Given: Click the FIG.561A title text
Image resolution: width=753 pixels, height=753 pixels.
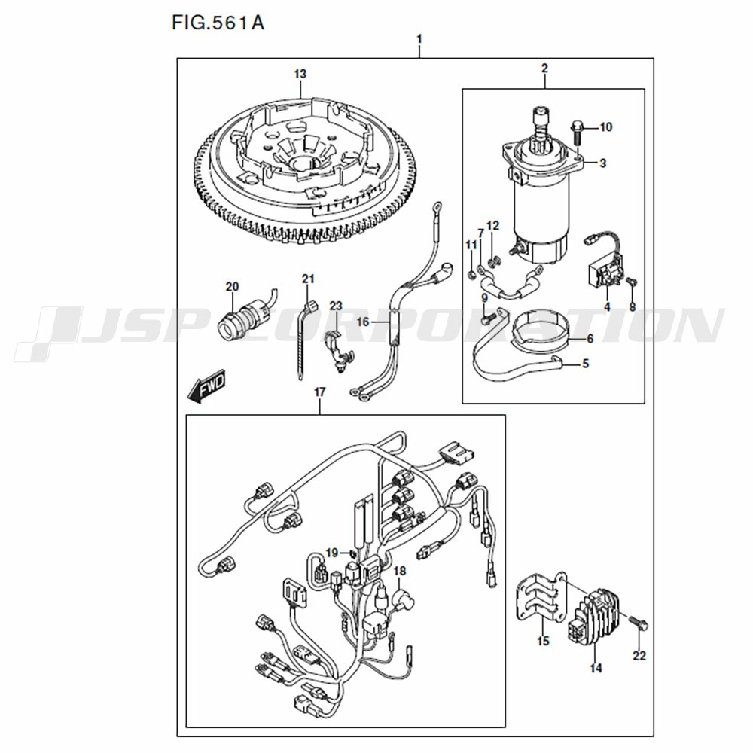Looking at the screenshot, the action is click(x=218, y=23).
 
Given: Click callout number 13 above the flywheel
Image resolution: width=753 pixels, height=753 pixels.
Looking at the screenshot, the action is click(x=300, y=74).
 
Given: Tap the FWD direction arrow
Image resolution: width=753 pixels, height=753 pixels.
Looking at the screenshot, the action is click(x=206, y=386).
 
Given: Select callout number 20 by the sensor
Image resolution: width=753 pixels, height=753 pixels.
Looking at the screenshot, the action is click(x=232, y=287).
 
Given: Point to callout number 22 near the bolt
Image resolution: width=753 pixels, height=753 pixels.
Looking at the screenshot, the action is click(x=639, y=655).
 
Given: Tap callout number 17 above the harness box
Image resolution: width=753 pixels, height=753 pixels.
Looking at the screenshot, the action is click(x=320, y=392).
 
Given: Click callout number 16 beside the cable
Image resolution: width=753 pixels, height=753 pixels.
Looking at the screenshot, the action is click(x=363, y=322).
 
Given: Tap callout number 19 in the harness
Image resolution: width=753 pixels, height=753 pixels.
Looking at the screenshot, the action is click(x=332, y=553).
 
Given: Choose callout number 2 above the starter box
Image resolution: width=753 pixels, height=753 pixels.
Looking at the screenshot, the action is click(x=544, y=69).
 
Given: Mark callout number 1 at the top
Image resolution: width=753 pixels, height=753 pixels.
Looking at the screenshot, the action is click(x=419, y=39).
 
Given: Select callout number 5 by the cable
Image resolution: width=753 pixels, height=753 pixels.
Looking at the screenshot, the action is click(x=585, y=364).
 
